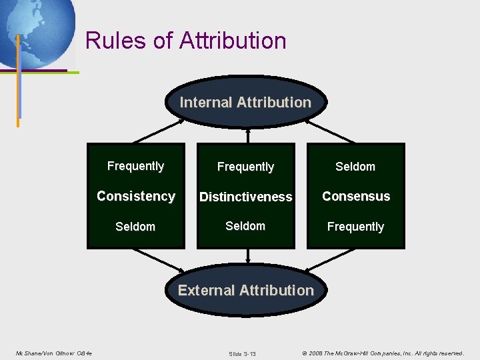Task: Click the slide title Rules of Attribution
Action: coord(186,41)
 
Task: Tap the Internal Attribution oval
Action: coord(245,103)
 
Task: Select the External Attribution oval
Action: coord(245,291)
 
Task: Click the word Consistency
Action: coord(136,196)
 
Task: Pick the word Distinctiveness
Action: coord(245,197)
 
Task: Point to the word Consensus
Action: coord(356,196)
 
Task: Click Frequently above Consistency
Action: coord(136,166)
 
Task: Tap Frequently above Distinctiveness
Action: coord(245,167)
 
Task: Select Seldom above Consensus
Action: coord(355,167)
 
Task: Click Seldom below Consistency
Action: coord(135,227)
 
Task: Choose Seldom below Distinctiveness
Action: coord(245,226)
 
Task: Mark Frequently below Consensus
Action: coord(355,227)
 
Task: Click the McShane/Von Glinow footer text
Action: coord(53,353)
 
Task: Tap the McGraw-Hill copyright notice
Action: coord(383,353)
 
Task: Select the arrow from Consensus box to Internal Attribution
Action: coord(331,131)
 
